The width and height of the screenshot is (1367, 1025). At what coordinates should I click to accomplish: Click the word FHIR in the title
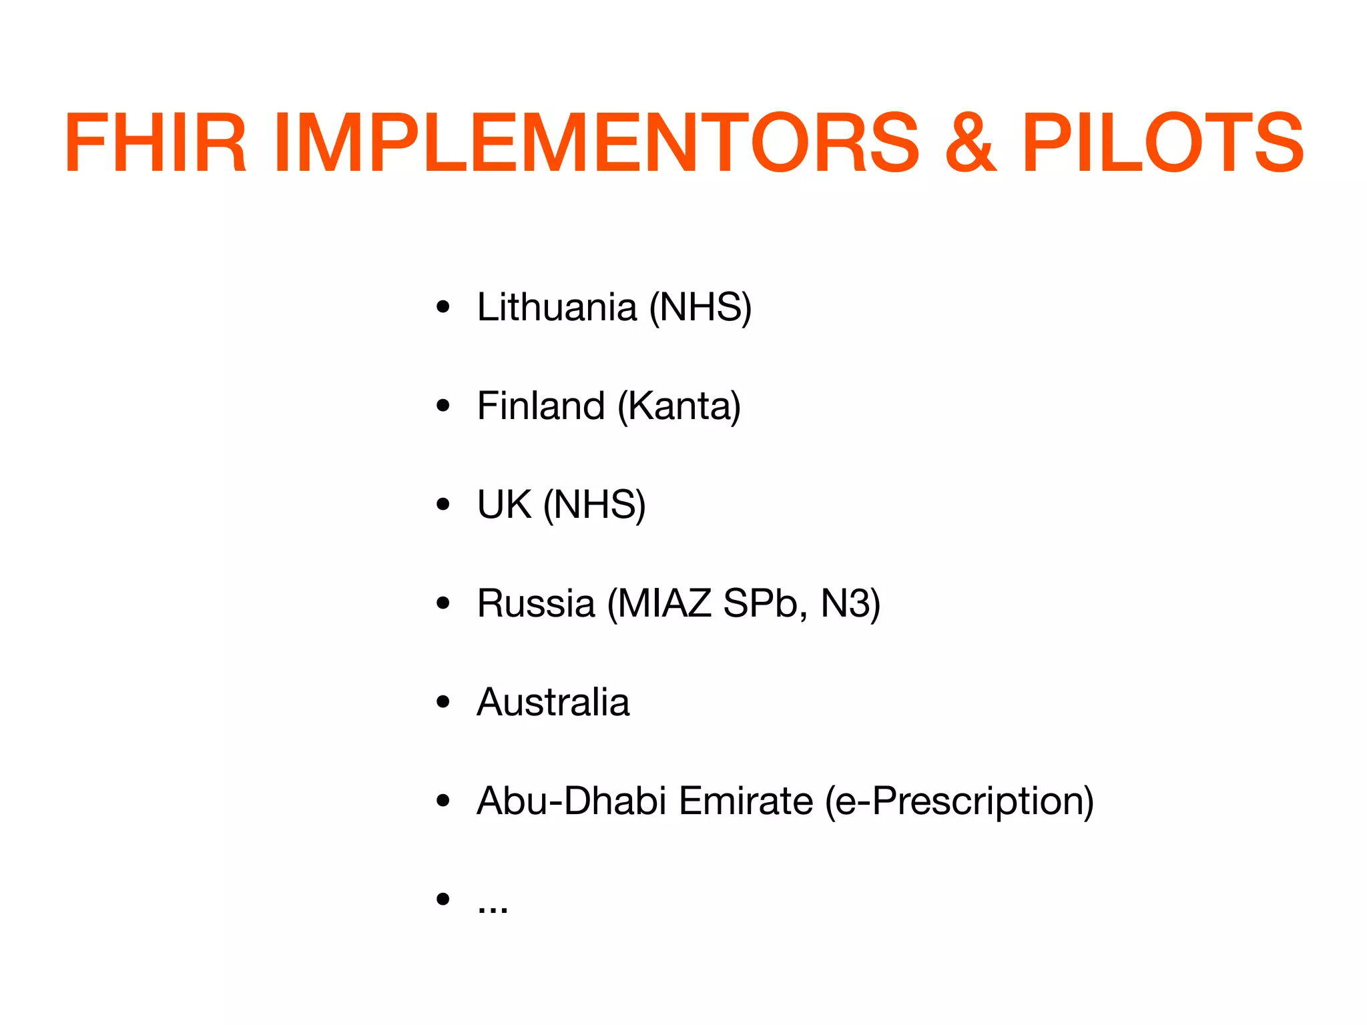[x=155, y=143]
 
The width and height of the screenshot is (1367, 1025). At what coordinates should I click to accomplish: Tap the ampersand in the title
[x=971, y=143]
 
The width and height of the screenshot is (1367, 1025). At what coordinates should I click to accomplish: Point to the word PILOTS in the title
[x=1162, y=143]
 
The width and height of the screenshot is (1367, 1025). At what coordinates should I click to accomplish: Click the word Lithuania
[x=557, y=308]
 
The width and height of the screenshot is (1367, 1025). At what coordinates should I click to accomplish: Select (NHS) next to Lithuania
[x=700, y=308]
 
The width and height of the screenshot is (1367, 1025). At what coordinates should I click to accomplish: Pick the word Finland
[x=541, y=406]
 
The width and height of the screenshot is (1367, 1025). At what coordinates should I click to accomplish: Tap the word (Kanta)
[x=679, y=406]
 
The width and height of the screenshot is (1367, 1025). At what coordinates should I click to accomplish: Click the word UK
[x=504, y=504]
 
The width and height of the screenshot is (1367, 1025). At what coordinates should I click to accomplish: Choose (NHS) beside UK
[x=594, y=504]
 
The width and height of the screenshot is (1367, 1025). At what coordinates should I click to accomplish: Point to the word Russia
[x=535, y=603]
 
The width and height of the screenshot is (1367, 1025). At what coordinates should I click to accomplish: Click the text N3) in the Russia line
[x=850, y=603]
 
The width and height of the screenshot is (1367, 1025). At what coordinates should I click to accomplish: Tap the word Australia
[x=553, y=702]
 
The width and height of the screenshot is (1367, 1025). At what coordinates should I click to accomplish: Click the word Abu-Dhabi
[x=571, y=801]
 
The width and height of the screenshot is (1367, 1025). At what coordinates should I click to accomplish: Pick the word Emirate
[x=746, y=801]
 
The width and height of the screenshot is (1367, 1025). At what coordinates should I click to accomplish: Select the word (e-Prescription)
[x=959, y=801]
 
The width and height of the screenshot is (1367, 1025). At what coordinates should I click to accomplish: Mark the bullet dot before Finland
[x=443, y=406]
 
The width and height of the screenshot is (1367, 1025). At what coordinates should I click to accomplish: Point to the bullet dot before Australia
[x=443, y=702]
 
